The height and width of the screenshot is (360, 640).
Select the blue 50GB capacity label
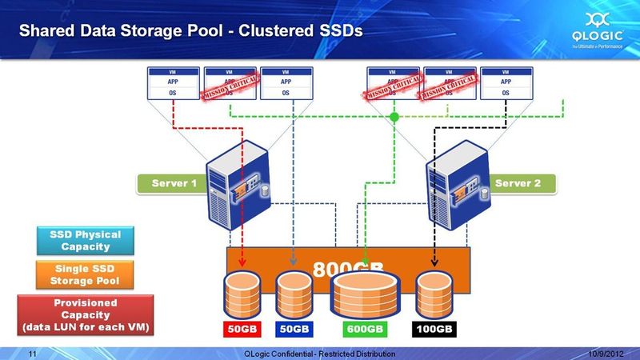pos(293,328)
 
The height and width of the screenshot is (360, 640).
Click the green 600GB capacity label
pos(365,328)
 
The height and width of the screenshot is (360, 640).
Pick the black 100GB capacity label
pos(434,328)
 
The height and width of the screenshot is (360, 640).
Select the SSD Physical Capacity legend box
pos(85,241)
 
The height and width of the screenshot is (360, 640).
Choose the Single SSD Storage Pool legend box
pos(85,275)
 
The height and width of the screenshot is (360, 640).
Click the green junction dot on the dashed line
pos(394,118)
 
